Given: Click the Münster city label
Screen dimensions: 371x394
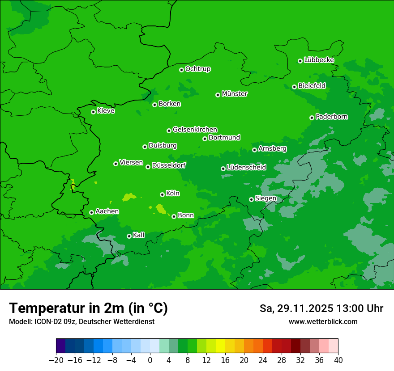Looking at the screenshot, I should coord(235,94).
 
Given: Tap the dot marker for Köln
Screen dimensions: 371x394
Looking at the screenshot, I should coord(162,194).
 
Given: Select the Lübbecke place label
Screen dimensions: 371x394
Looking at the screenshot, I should coord(319,60).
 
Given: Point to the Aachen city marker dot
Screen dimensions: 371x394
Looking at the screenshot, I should coord(91,212).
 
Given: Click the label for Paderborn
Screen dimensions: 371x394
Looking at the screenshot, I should coord(331,117).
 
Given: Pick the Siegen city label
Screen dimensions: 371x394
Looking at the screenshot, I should coord(266,198).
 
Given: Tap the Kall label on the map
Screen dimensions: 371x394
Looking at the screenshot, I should coord(139,235).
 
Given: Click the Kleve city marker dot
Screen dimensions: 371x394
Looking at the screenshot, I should coord(93,112).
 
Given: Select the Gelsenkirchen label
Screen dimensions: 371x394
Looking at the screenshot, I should coord(195,130).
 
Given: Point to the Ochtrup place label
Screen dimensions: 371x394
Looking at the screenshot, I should coord(197,69).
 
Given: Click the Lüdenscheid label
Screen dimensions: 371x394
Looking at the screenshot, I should coord(246,168).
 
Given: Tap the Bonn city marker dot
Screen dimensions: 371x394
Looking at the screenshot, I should coord(174,216).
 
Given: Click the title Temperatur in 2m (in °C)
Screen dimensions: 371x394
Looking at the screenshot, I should coord(88,308).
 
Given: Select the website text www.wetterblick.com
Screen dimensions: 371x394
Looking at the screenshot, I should coord(323,321).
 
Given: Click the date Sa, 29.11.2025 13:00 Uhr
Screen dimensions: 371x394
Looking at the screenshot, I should coord(321,308).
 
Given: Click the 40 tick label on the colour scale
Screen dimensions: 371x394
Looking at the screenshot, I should coord(338,360).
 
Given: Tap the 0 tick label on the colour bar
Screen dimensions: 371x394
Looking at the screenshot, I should coord(150,360).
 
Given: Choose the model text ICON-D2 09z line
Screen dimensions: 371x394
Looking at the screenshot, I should coord(81,321).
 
